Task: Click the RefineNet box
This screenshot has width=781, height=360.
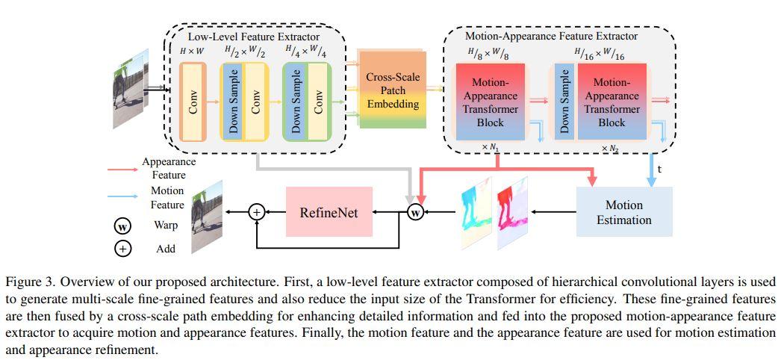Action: tap(329, 213)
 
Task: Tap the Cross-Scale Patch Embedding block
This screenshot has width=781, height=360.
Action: tap(392, 91)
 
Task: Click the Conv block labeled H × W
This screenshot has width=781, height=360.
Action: tap(192, 101)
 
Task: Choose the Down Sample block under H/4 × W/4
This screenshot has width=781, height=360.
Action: tap(295, 101)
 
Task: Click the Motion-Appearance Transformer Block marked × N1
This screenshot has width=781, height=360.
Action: tap(490, 101)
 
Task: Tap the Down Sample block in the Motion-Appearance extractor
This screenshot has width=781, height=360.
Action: tap(564, 101)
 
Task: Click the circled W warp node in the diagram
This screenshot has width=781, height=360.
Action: tap(415, 213)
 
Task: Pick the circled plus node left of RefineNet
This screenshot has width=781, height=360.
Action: tap(256, 213)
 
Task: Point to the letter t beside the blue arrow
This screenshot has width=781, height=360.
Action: tap(659, 169)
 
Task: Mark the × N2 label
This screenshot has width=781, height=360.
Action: tap(610, 149)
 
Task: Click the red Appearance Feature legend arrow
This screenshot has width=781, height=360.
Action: tap(121, 169)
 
